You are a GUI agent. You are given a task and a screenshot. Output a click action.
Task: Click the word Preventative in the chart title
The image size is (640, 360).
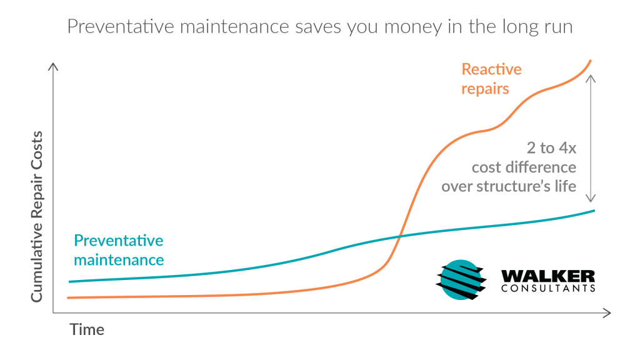point(121,26)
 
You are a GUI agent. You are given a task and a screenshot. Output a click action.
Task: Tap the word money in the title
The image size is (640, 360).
point(413,27)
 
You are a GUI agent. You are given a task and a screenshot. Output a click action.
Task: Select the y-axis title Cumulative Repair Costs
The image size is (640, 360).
point(37,217)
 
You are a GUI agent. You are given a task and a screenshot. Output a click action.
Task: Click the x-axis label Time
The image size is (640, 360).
point(87,329)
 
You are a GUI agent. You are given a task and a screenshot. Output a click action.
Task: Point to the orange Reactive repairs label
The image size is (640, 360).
point(491,79)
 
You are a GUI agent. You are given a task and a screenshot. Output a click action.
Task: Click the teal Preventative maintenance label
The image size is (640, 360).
point(119,250)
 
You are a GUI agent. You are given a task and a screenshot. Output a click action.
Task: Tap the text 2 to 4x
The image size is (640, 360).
point(551,147)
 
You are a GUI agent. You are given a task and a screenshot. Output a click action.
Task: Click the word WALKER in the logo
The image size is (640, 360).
point(547,276)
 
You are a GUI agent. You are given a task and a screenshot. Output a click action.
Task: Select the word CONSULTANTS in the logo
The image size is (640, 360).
point(547,288)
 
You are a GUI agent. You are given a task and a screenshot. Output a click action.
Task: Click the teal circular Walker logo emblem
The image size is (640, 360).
point(461,280)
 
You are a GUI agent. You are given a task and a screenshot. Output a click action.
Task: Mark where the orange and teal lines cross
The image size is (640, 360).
point(399,236)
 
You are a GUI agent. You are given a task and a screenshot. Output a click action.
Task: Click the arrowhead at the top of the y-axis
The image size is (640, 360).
point(53,66)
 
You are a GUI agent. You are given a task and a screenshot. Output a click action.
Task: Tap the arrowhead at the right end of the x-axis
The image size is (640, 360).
point(607,313)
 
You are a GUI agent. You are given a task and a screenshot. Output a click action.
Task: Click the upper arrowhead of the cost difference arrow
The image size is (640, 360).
point(590,78)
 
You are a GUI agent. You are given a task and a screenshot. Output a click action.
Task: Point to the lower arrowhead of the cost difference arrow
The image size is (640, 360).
point(590,198)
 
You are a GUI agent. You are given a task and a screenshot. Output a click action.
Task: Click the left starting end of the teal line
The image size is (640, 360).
point(69,282)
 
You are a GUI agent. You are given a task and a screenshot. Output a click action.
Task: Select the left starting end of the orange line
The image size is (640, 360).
point(67,298)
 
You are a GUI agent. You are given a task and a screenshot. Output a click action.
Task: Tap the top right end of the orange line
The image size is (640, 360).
point(591,61)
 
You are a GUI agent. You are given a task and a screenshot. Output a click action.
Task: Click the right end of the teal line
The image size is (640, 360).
point(594,211)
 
